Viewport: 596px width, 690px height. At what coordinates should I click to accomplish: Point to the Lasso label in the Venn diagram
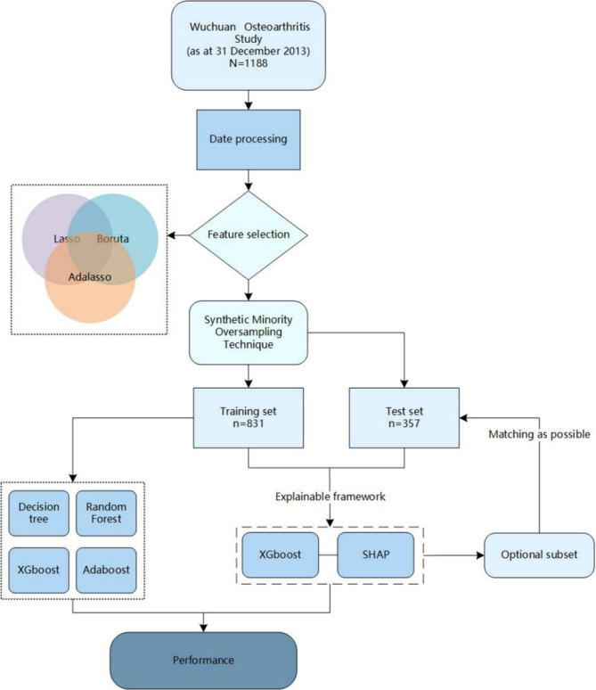point(43,239)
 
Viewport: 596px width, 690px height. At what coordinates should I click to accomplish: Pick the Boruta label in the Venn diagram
point(115,239)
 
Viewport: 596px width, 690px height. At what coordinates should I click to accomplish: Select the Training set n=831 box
point(247,417)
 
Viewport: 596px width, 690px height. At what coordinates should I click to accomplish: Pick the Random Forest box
point(107,513)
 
